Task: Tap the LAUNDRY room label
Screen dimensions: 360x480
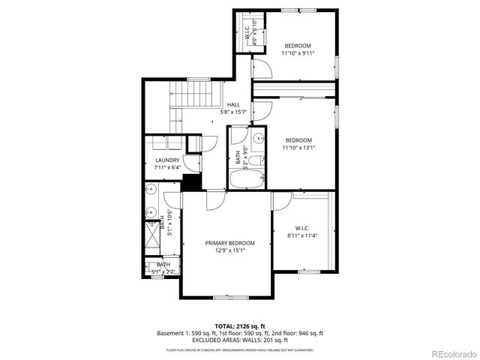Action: coord(167,160)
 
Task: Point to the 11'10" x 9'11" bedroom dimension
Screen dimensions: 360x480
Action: coord(298,53)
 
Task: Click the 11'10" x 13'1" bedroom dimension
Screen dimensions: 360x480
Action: coord(298,147)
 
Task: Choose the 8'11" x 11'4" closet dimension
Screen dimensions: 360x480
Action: coord(302,235)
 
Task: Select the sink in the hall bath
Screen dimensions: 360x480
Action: coord(256,138)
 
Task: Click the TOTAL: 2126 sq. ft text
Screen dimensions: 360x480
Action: coord(239,326)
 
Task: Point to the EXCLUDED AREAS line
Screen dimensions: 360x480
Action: coord(239,340)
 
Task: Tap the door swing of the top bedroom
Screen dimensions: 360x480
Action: coord(261,69)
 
